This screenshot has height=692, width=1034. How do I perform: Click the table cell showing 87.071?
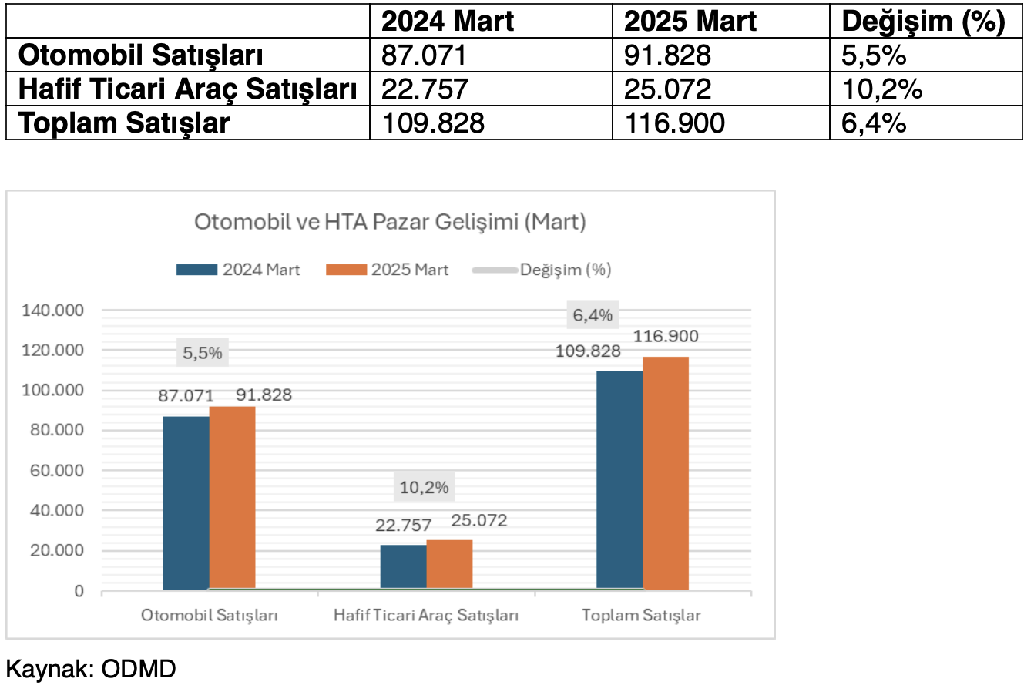click(x=425, y=55)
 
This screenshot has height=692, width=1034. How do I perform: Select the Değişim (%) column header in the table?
click(x=923, y=22)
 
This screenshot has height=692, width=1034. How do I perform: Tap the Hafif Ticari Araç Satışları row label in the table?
click(x=187, y=89)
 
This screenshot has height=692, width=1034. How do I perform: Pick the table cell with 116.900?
click(x=675, y=123)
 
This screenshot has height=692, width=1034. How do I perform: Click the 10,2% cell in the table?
click(x=881, y=89)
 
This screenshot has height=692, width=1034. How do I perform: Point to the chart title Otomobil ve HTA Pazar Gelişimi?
click(x=390, y=222)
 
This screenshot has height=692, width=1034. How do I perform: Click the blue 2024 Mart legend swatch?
click(x=196, y=270)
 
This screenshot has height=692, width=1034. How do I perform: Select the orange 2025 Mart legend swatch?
click(x=346, y=270)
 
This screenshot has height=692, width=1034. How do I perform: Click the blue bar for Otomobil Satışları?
click(x=186, y=502)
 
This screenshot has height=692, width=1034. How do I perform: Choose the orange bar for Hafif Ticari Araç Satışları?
click(x=449, y=564)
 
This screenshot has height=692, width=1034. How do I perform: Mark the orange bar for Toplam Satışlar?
click(x=666, y=473)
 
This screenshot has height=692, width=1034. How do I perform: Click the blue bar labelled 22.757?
click(x=403, y=566)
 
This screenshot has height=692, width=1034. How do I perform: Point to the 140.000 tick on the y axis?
click(x=53, y=311)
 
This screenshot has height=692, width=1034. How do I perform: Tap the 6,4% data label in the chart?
click(x=593, y=315)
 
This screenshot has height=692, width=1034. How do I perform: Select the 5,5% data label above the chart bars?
click(x=203, y=353)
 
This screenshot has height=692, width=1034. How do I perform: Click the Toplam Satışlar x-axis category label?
click(x=641, y=615)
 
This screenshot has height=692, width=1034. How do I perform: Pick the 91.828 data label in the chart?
click(x=264, y=395)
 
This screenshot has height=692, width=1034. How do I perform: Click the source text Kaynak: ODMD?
click(x=91, y=668)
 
